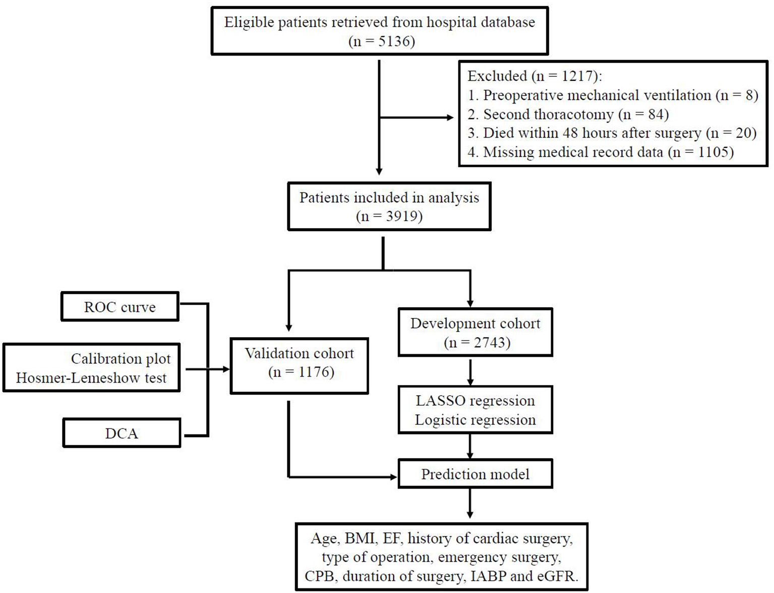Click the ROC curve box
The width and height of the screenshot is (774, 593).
(x=120, y=307)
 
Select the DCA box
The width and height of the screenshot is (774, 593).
(x=122, y=434)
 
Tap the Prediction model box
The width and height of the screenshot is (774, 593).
(x=475, y=474)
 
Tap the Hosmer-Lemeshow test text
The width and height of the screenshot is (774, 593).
(x=91, y=378)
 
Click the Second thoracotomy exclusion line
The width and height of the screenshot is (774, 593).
(x=568, y=115)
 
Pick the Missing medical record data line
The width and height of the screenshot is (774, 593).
(x=601, y=152)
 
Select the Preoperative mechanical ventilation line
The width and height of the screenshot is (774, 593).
(x=613, y=95)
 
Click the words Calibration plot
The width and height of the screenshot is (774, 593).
(x=121, y=359)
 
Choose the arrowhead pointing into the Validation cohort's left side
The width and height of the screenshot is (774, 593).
(x=225, y=369)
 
